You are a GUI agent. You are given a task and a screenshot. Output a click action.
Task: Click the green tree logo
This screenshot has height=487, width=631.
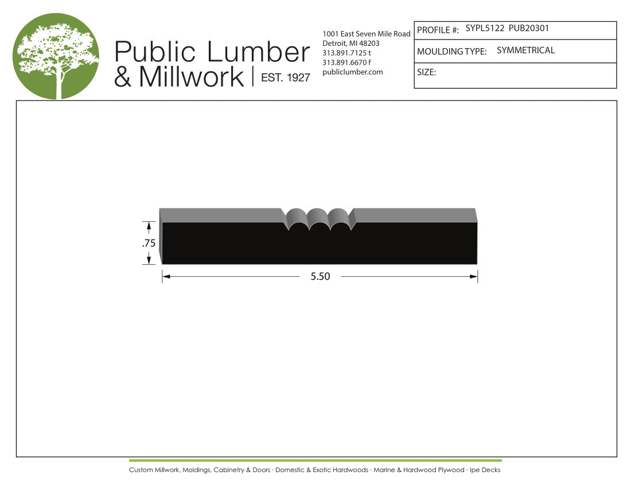(56, 56)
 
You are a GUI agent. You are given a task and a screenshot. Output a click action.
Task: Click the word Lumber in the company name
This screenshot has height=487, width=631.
(258, 52)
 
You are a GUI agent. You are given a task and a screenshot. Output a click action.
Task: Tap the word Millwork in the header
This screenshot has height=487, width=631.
(192, 77)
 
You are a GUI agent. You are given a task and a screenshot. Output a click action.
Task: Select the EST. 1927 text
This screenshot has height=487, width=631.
(285, 77)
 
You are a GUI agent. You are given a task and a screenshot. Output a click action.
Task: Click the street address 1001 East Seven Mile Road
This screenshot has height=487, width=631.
(366, 34)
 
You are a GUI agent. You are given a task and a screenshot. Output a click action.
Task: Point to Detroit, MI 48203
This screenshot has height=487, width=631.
(351, 44)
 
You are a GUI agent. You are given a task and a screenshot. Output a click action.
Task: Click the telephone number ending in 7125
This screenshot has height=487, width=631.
(346, 53)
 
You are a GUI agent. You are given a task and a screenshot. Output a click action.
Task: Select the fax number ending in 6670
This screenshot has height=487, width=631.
(346, 62)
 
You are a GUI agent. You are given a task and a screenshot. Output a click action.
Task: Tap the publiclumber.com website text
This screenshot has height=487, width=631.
(353, 72)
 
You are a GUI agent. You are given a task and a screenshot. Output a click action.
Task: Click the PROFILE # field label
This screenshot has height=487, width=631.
(438, 30)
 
